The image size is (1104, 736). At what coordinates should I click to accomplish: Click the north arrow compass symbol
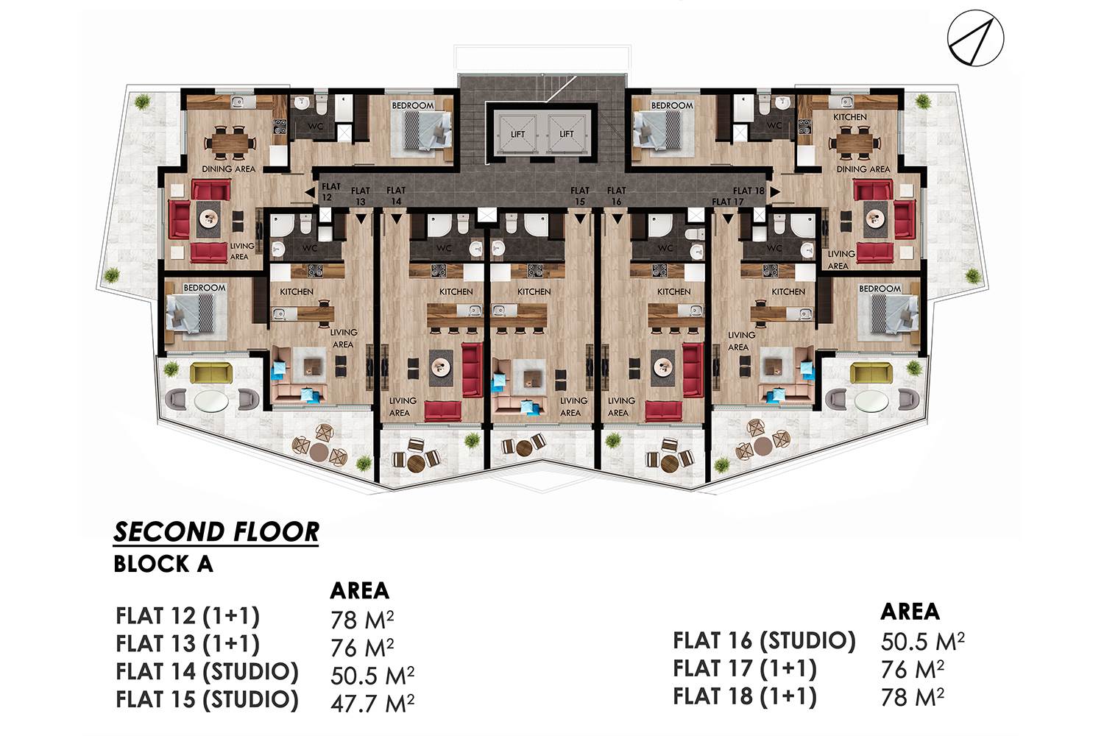tap(975, 38)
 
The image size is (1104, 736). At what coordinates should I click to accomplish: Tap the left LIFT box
tap(517, 133)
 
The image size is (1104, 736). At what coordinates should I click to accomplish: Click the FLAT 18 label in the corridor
tap(749, 191)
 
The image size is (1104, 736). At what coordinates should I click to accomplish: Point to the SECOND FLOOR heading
tap(216, 532)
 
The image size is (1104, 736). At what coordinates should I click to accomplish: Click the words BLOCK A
tap(163, 564)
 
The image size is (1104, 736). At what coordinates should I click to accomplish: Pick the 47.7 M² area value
tap(372, 702)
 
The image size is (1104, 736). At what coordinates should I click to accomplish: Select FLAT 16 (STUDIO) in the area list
tap(764, 640)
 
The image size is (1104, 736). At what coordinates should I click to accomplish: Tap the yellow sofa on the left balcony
tap(211, 373)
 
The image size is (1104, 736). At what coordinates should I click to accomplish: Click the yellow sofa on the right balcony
tap(871, 373)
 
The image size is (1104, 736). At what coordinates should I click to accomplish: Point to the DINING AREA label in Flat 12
tap(229, 169)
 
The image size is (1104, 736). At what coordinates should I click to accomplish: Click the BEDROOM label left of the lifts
tap(412, 105)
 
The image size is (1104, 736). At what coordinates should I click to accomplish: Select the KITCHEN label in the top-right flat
tap(849, 117)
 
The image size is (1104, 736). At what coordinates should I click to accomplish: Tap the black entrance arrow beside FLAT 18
tap(775, 192)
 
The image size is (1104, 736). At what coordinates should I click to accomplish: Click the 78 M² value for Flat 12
tap(362, 619)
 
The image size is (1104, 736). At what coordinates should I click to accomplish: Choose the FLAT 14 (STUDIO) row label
tap(207, 672)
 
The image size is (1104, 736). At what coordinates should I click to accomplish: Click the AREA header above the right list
tap(910, 612)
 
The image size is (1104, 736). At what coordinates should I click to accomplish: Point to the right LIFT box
tap(566, 133)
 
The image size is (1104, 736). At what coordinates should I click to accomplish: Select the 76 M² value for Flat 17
tap(913, 669)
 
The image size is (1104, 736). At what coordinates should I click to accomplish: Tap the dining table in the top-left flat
tap(230, 143)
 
